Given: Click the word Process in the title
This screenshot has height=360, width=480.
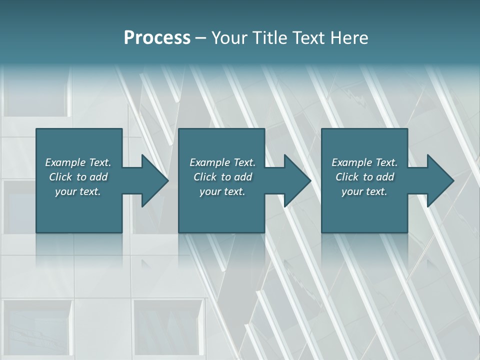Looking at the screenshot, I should pos(157,38).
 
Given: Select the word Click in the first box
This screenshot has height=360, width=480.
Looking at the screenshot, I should pos(60,177).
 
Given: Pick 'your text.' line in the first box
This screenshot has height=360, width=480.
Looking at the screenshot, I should pos(78,191).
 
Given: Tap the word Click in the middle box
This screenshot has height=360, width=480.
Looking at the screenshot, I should pos(204,177).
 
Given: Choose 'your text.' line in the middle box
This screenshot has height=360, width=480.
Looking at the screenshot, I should pos(222,191).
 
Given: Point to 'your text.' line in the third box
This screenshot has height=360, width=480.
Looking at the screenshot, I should pos(364,191).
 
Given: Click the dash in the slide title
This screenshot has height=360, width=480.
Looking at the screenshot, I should pos(201,38).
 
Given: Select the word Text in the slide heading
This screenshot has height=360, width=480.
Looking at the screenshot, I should pos(307,38).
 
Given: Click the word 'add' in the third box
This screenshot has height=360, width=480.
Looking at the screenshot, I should pos(385,177).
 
